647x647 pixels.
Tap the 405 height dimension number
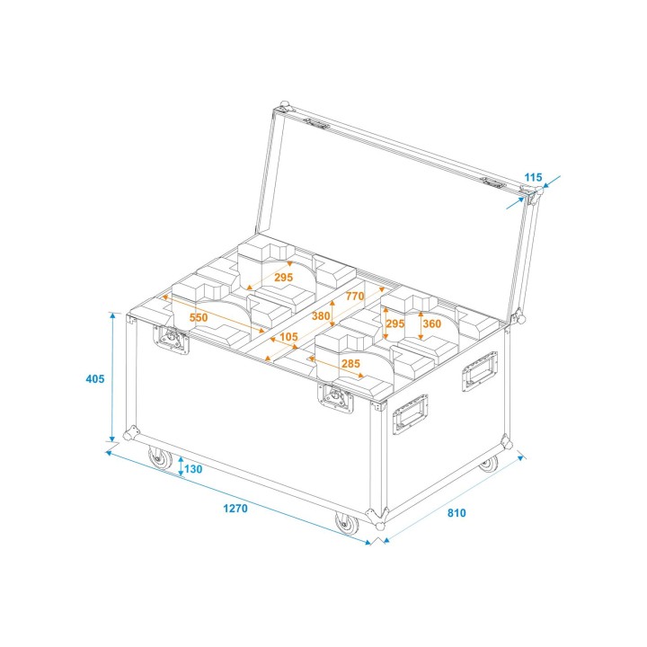coord(95,378)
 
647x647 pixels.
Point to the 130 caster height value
coord(194,469)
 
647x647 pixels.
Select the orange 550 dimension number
coord(199,318)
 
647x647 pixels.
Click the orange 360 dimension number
coord(431,323)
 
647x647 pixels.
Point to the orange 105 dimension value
coord(288,337)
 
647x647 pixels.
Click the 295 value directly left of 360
coord(395,323)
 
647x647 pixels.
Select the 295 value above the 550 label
coord(283,278)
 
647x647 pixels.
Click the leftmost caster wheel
coord(162,460)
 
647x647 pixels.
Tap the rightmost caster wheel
coord(488,464)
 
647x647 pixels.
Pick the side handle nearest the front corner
coord(410,413)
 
